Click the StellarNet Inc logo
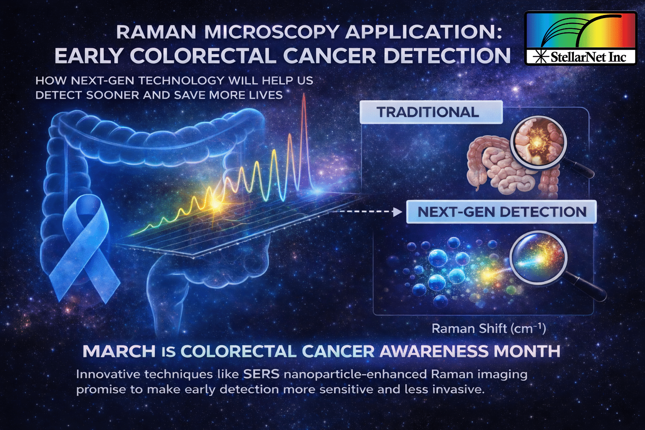coord(580,38)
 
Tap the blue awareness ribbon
coord(84,248)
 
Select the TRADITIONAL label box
coord(431,112)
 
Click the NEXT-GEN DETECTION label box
coord(501,212)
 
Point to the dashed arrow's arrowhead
coord(398,212)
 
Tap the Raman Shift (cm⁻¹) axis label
coord(489,329)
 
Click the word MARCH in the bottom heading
coord(119,351)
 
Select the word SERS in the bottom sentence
coord(261,375)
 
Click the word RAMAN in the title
coord(156,32)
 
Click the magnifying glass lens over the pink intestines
coord(538,143)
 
